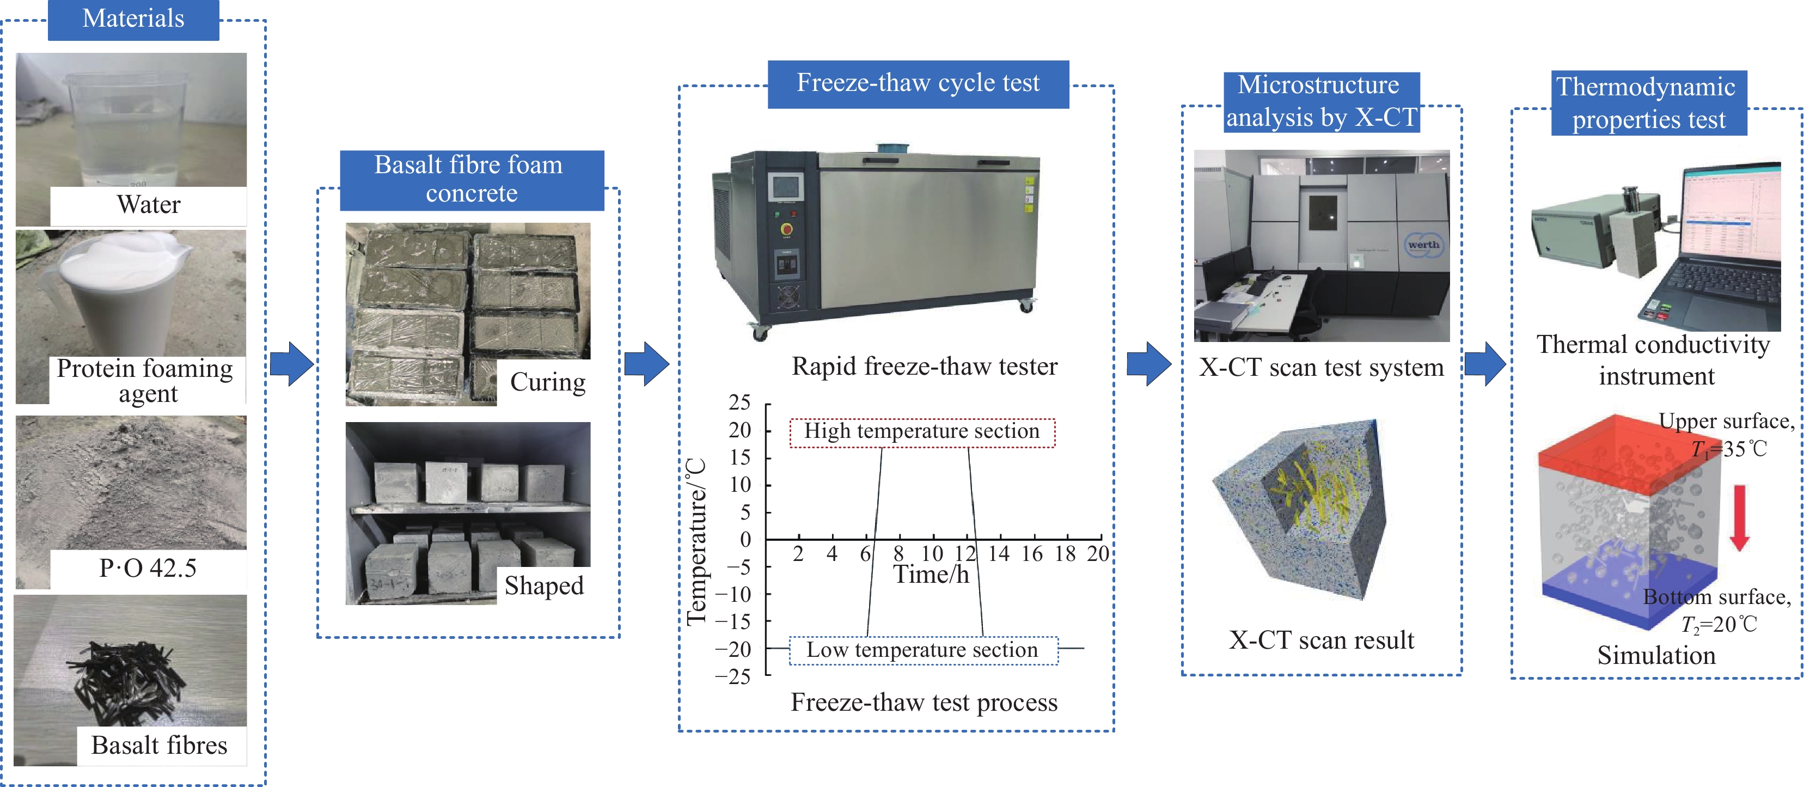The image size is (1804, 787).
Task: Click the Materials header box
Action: (x=133, y=19)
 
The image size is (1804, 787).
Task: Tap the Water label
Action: (x=149, y=204)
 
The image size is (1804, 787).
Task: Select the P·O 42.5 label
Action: (x=148, y=568)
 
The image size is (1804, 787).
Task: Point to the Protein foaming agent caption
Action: (x=145, y=381)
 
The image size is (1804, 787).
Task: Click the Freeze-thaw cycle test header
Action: (x=918, y=83)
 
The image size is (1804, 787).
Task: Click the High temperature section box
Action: (x=922, y=431)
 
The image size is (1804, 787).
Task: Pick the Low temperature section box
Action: (x=922, y=650)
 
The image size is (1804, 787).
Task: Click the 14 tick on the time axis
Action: (x=999, y=554)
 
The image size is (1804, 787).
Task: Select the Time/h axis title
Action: (x=931, y=575)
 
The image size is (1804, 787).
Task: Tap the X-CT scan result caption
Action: (x=1322, y=640)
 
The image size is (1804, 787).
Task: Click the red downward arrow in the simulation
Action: (x=1740, y=517)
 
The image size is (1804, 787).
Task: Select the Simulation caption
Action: (x=1656, y=655)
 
